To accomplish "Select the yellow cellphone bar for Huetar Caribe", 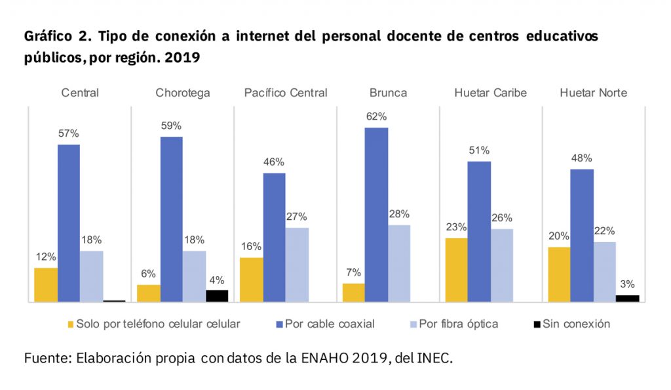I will click(x=456, y=270).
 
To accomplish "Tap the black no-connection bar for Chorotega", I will click(x=217, y=296).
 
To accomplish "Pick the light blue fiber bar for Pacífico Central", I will click(x=297, y=264).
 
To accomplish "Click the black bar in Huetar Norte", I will click(x=627, y=298).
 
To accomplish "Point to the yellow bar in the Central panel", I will click(x=46, y=285).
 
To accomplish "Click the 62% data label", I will click(x=377, y=116).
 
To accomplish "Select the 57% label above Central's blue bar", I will click(x=69, y=133).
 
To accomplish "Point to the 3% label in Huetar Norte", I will click(x=627, y=285).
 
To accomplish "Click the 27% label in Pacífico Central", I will click(x=297, y=217).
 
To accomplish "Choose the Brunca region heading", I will click(x=388, y=93).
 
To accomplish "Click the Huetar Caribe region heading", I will click(x=490, y=93).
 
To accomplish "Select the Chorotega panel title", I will click(x=183, y=93).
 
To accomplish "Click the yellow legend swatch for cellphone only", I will click(x=70, y=324).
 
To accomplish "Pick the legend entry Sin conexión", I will click(x=576, y=324).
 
